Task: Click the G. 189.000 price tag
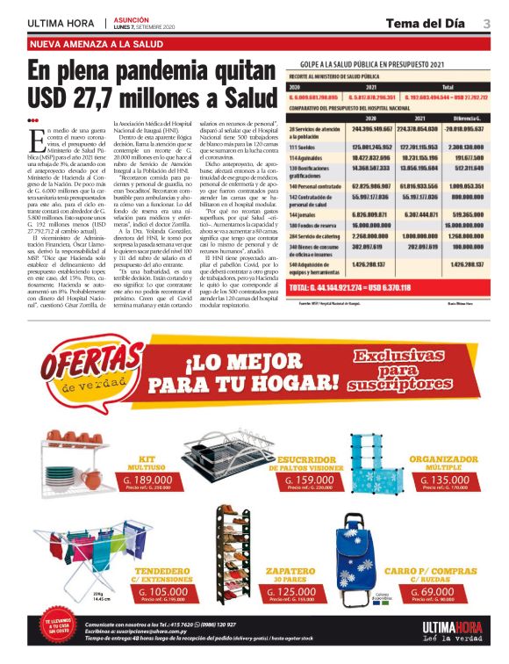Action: (x=146, y=480)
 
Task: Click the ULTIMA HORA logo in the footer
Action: (x=450, y=629)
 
